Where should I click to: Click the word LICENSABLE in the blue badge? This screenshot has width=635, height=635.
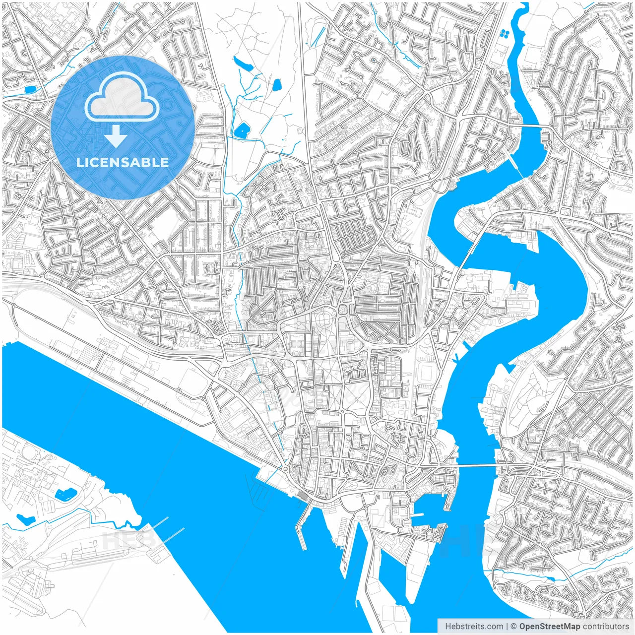[123, 162]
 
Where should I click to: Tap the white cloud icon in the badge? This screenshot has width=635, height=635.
[122, 97]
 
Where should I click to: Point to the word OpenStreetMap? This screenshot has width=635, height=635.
[549, 626]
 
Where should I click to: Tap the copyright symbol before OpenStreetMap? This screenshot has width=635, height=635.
[514, 626]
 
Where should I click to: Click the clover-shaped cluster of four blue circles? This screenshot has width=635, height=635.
[505, 34]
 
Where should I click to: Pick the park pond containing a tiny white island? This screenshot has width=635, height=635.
[242, 130]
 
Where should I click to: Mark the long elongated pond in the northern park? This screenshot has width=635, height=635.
[243, 63]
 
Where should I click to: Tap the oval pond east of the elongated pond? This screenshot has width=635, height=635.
[277, 85]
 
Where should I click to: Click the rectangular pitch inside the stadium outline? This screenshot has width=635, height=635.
[426, 371]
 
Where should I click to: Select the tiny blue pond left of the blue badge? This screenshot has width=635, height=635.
[30, 90]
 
